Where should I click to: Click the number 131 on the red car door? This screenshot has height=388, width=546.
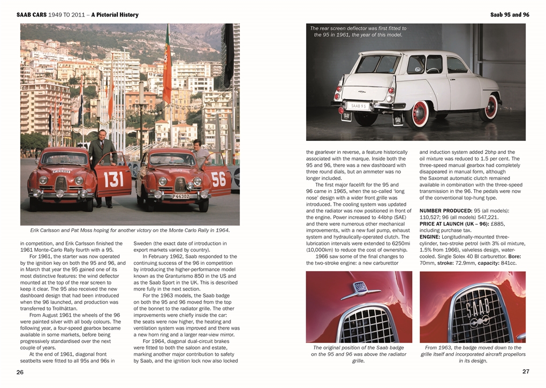pos(113,179)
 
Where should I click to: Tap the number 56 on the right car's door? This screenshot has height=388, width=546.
pos(218,178)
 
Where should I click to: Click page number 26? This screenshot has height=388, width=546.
pos(20,372)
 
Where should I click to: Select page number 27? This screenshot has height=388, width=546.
pos(526,371)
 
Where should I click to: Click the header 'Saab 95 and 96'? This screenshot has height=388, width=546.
pos(510,15)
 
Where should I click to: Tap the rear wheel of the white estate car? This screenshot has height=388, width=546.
pos(417,114)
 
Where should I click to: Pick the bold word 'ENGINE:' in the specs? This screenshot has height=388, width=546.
pos(430,237)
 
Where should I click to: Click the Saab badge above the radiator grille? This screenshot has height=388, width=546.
pos(358,287)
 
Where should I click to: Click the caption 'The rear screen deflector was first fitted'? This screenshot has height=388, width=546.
pos(358,32)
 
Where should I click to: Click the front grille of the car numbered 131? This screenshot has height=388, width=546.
pos(61,185)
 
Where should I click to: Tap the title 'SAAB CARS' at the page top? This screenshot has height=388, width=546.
pos(32,15)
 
